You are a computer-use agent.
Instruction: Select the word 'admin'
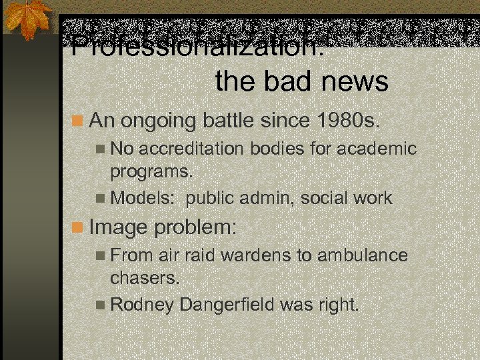pos(271,198)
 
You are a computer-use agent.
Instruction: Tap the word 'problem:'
pos(196,227)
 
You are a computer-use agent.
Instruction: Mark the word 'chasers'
pos(145,278)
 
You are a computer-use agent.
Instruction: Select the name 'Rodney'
pos(142,305)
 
